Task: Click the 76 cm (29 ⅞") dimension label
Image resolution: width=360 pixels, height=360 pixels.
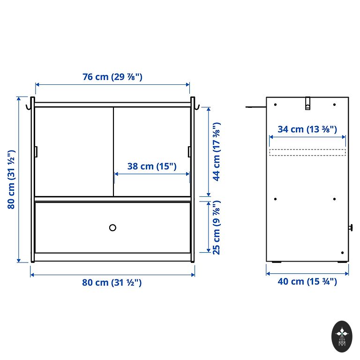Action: coord(112,77)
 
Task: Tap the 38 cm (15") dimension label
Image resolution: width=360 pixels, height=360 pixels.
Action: coord(152,166)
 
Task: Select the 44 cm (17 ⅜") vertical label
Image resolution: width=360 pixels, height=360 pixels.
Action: coord(217,151)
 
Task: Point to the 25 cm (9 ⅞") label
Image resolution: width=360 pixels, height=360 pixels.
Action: coord(217,227)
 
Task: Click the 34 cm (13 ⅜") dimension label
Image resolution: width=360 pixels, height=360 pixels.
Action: coord(307,129)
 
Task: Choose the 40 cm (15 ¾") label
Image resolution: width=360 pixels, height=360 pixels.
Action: coord(307,281)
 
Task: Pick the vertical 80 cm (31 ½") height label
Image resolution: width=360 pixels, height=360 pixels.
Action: coord(11,180)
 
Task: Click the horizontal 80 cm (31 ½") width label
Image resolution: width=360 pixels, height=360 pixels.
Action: coord(112,283)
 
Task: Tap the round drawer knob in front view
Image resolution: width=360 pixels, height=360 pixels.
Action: coord(112,228)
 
